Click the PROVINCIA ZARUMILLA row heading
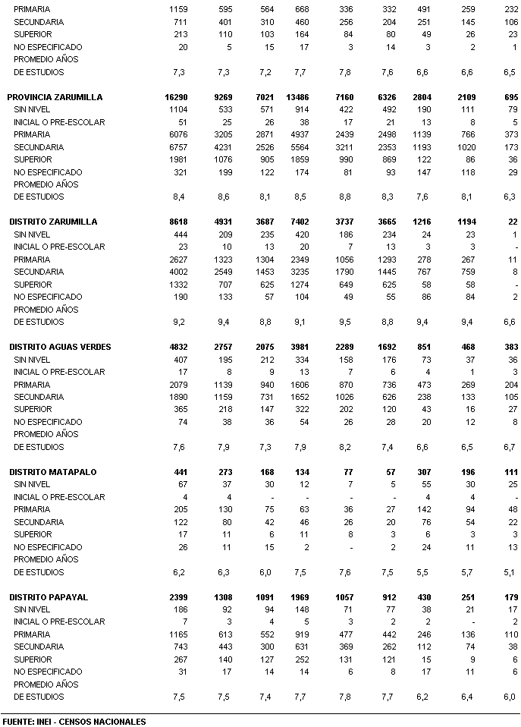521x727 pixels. pyautogui.click(x=55, y=97)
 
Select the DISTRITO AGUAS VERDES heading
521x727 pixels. pyautogui.click(x=60, y=347)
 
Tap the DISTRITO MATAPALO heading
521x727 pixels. pyautogui.click(x=53, y=472)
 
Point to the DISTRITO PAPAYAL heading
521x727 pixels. pyautogui.click(x=49, y=597)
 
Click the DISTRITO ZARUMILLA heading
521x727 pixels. pyautogui.click(x=53, y=222)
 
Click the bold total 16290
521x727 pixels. pyautogui.click(x=175, y=97)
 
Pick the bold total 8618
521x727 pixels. pyautogui.click(x=177, y=222)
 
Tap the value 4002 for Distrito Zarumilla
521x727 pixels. pyautogui.click(x=177, y=272)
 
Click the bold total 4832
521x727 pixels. pyautogui.click(x=177, y=347)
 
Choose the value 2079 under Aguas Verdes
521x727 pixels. pyautogui.click(x=177, y=385)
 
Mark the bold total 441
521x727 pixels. pyautogui.click(x=180, y=472)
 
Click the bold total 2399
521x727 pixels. pyautogui.click(x=177, y=597)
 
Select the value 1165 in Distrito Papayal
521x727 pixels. pyautogui.click(x=177, y=635)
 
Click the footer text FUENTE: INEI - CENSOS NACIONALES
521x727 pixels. pyautogui.click(x=74, y=721)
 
